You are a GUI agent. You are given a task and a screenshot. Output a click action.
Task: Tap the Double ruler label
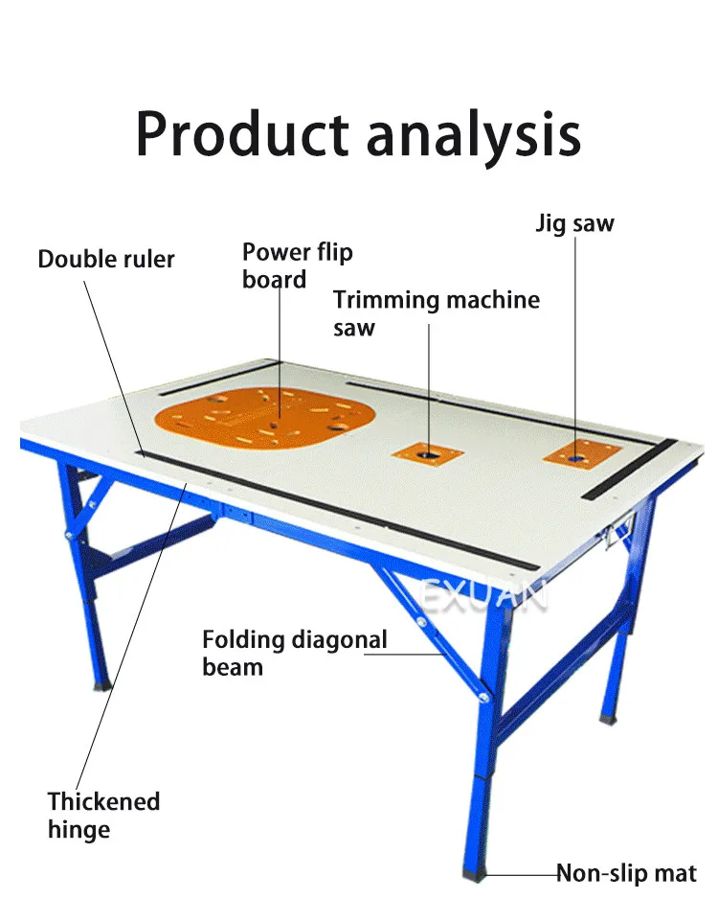(x=106, y=259)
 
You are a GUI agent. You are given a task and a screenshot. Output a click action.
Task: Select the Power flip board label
(x=297, y=265)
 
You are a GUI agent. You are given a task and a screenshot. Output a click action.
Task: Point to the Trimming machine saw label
(x=436, y=312)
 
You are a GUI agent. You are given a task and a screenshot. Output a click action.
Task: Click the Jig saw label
(x=574, y=223)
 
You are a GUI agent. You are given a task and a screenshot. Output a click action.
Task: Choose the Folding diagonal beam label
(x=295, y=652)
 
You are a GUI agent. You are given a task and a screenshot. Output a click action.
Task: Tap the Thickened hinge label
(x=103, y=814)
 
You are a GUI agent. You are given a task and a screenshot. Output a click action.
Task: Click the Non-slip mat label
(x=627, y=873)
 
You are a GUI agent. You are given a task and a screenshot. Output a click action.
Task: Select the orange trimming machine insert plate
(x=428, y=450)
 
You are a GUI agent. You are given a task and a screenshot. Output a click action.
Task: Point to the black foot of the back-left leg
(x=101, y=684)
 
